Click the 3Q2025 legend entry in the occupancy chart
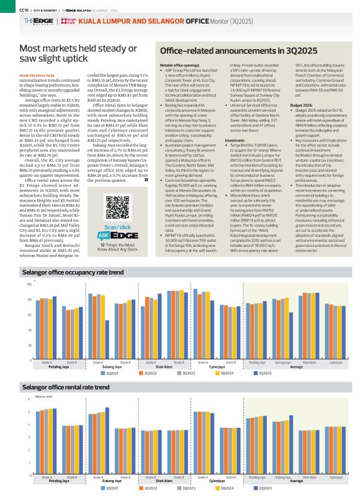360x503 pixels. click(262, 373)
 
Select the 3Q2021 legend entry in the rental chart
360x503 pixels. click(110, 489)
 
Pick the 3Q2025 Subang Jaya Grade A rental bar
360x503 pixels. click(107, 441)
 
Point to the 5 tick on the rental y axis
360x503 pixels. click(29, 411)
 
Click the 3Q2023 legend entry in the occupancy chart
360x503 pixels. click(187, 373)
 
